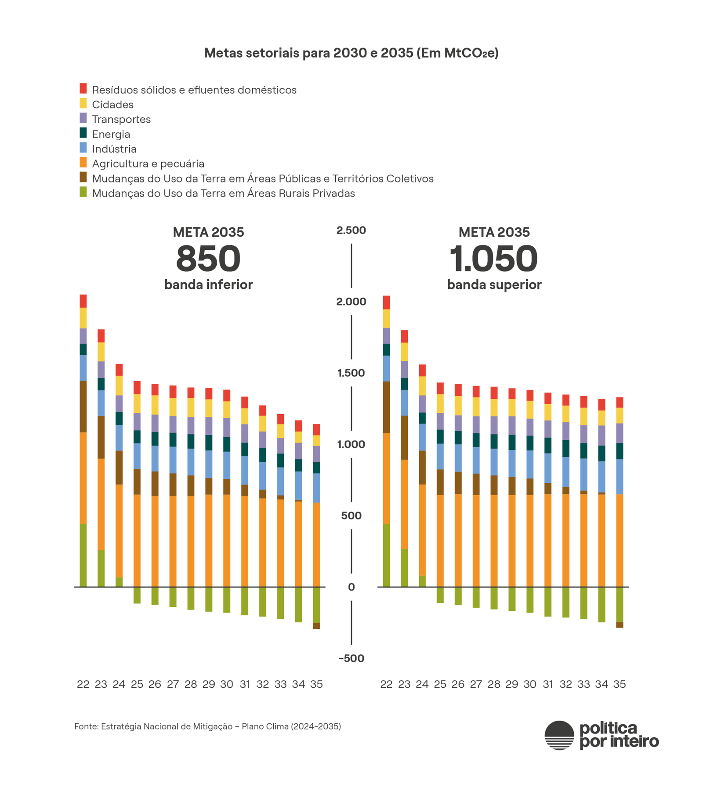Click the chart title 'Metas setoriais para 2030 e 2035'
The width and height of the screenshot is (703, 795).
click(351, 53)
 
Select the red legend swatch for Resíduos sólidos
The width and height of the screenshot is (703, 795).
click(83, 88)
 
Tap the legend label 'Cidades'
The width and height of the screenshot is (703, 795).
click(112, 105)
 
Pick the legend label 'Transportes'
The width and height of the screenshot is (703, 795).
click(121, 120)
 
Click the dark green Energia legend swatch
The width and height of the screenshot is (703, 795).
click(83, 133)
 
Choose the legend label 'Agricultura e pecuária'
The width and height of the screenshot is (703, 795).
click(148, 164)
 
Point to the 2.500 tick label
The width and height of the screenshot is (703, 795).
click(351, 230)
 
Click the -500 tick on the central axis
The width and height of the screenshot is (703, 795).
click(351, 658)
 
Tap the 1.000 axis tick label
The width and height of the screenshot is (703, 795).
click(351, 444)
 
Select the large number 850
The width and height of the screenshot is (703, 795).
click(208, 259)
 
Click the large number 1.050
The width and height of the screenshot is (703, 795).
click(493, 259)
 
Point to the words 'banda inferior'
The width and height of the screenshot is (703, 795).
click(208, 285)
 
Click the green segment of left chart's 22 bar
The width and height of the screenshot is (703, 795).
click(83, 555)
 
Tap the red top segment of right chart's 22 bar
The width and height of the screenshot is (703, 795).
click(386, 303)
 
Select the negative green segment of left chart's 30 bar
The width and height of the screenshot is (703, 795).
click(227, 599)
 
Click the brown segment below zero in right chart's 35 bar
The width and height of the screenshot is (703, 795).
click(620, 625)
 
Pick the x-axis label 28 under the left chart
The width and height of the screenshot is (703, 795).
click(191, 684)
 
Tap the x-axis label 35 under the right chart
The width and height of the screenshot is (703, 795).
click(620, 684)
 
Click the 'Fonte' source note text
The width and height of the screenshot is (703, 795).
click(207, 726)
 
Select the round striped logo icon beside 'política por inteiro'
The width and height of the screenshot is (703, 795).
click(559, 735)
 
